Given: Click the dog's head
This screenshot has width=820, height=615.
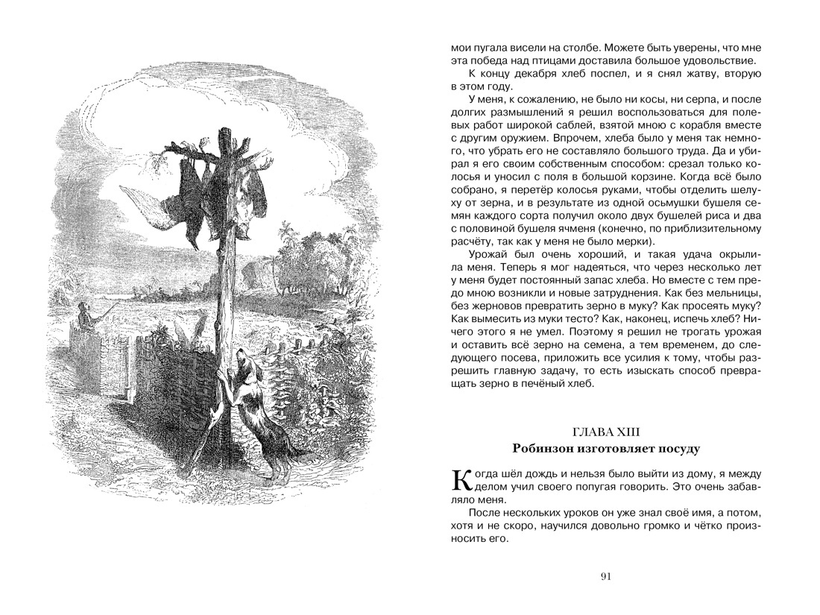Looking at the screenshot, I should [243, 365].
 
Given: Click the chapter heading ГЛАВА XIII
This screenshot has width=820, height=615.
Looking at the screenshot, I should [605, 432].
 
